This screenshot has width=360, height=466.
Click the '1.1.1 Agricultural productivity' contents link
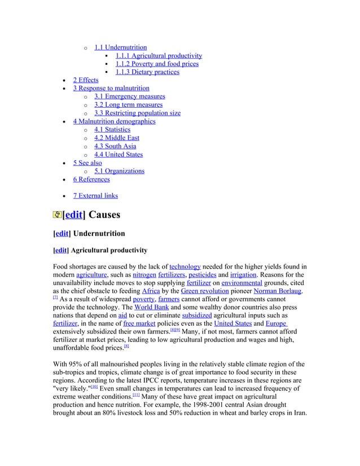point(159,56)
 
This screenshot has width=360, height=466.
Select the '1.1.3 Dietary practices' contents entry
point(147,72)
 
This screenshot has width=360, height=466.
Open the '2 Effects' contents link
point(85,80)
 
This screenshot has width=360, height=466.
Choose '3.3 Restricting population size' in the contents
point(137,113)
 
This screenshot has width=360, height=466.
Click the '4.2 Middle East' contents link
point(117,138)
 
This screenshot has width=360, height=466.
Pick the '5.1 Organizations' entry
point(119,171)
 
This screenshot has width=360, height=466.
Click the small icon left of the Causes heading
point(57,215)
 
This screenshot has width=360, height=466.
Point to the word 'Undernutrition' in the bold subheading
point(98,233)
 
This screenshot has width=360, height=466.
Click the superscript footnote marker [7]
point(55,298)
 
